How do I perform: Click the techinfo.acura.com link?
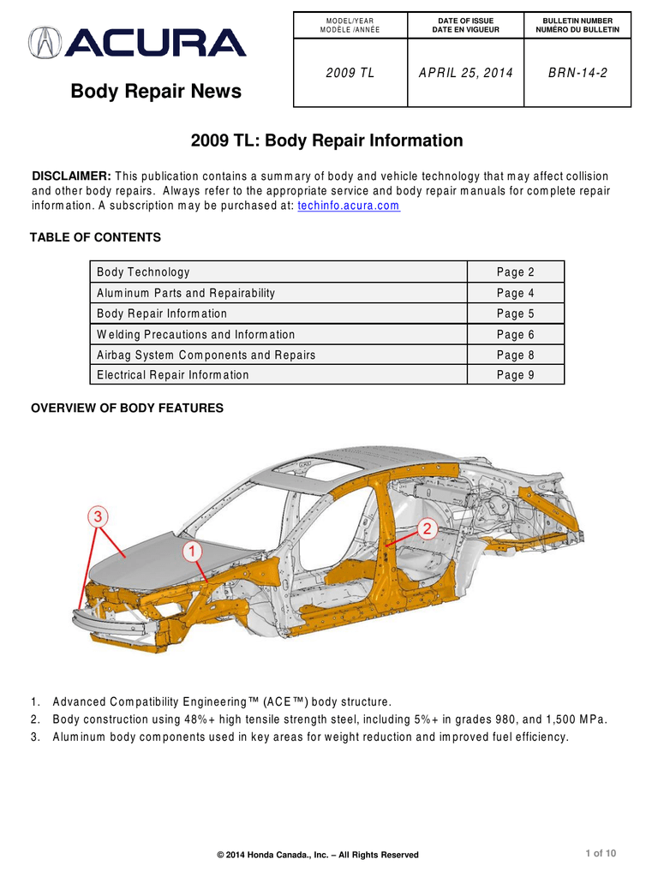point(348,206)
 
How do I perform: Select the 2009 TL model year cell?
point(350,73)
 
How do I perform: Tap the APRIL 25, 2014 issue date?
point(465,73)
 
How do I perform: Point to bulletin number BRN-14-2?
point(577,73)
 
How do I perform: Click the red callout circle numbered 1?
point(193,552)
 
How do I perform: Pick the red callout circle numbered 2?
point(428,528)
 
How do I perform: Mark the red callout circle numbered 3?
point(99,516)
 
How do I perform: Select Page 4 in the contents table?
point(515,293)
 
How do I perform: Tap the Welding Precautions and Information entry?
point(195,334)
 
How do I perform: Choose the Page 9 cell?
point(515,375)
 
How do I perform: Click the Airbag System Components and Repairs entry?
point(206,355)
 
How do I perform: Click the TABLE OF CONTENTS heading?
point(95,237)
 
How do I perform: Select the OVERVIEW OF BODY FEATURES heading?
point(127,408)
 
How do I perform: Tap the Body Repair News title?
point(156,91)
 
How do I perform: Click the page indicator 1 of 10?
point(601,852)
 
